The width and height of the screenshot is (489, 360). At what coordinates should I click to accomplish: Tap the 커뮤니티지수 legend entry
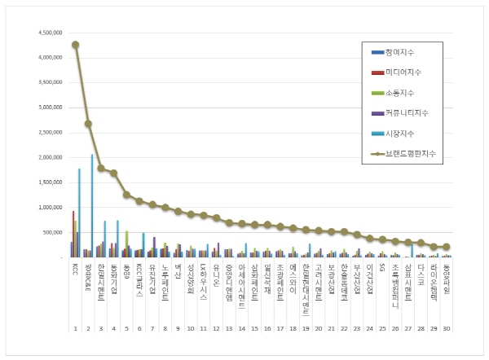[x=407, y=112]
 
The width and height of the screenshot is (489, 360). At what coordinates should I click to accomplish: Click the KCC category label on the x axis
[x=75, y=268]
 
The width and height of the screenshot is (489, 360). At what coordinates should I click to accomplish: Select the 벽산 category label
[x=178, y=270]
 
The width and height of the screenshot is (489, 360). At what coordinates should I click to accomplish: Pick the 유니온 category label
[x=216, y=273]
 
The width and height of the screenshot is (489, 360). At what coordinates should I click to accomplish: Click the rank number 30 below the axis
[x=446, y=328]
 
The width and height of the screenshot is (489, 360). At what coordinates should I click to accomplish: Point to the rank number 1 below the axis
[x=75, y=328]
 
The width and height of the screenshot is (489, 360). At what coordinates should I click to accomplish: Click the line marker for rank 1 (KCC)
[x=75, y=45]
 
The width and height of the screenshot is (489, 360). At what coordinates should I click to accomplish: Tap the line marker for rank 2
[x=88, y=124]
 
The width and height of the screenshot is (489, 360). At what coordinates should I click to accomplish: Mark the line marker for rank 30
[x=446, y=247]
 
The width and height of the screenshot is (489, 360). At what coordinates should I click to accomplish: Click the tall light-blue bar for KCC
[x=79, y=213]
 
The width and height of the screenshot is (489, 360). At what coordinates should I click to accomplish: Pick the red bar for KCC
[x=73, y=235]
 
